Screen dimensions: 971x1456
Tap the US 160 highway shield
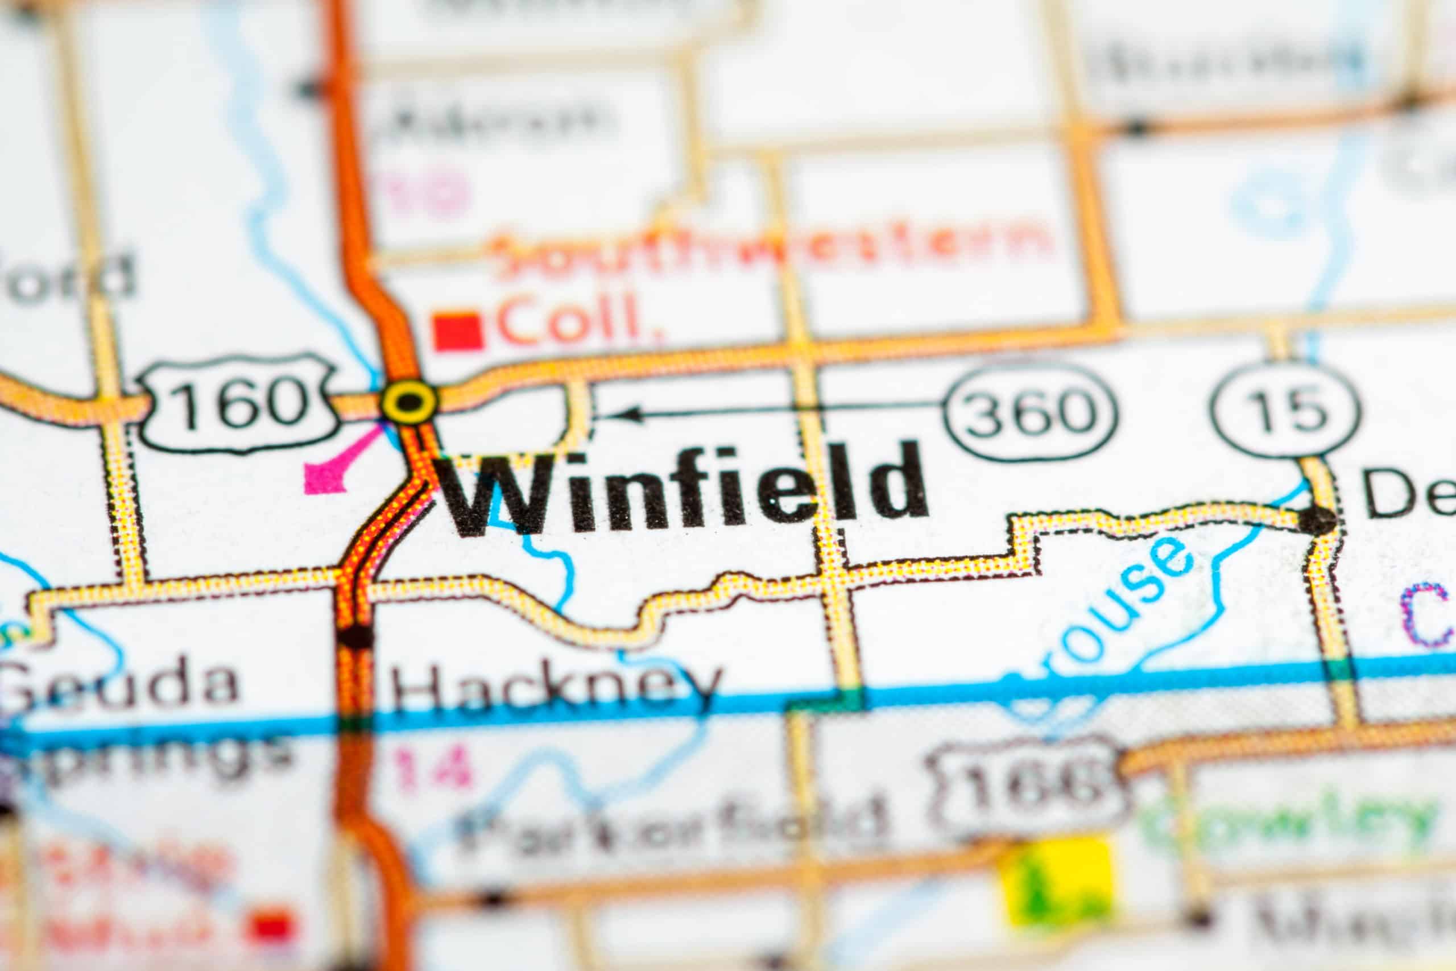tap(238, 402)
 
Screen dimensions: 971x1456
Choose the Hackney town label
tap(554, 687)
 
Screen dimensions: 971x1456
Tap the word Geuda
tap(121, 684)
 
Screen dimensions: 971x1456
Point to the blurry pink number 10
tap(427, 189)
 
